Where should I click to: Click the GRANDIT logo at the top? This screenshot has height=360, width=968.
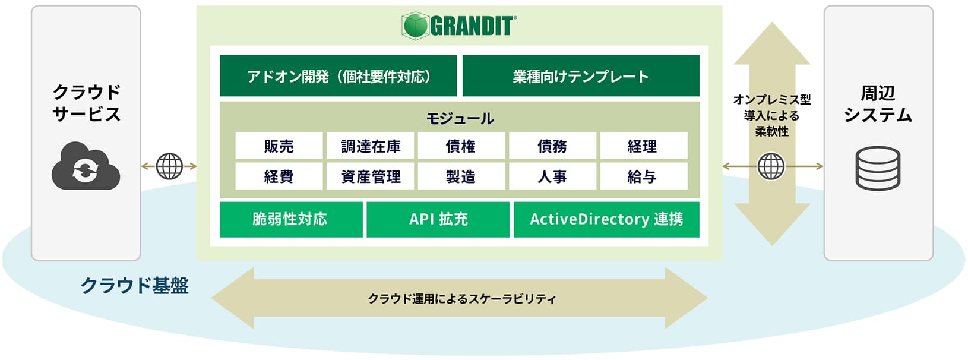coord(459,26)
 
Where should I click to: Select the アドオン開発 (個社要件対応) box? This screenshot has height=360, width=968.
coord(338,76)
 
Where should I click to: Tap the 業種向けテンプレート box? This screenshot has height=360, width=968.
coord(580,76)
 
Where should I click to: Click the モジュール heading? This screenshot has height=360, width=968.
coord(460,118)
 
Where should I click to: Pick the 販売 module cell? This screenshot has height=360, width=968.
coord(279,146)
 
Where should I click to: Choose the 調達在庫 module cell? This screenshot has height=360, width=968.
coord(370,146)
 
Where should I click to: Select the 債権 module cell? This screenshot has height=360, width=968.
coord(461,146)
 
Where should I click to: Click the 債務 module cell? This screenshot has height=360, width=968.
coord(552,146)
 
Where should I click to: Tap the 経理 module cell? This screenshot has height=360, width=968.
coord(643,146)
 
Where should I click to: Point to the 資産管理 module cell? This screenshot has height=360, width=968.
coord(370,176)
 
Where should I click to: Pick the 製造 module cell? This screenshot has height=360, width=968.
coord(461,176)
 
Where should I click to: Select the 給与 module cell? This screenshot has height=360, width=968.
coord(643,176)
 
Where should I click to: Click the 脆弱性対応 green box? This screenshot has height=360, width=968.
coord(290,219)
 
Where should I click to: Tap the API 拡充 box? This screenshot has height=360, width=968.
coord(438,219)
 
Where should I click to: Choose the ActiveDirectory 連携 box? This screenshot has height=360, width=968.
coord(606,219)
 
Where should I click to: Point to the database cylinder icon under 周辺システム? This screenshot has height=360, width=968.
coord(878,168)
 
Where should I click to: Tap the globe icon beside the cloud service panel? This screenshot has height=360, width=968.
coord(169,166)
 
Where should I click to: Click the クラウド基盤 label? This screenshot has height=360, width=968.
coord(134,286)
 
